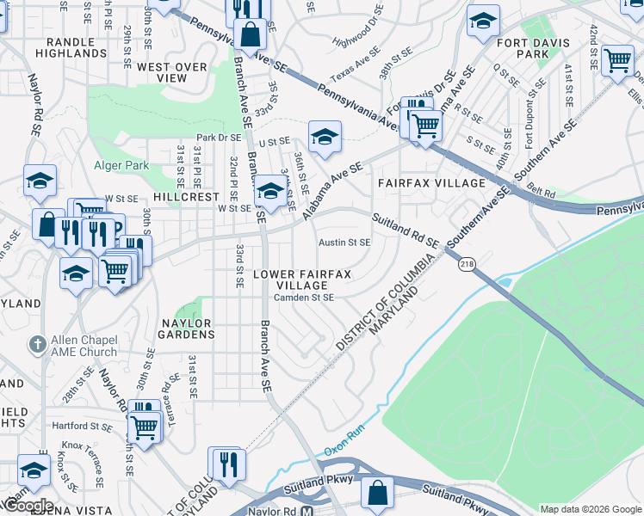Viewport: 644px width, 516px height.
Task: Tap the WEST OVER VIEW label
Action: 172,72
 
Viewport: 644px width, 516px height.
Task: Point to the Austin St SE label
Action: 344,243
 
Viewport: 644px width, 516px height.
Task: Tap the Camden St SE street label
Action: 303,298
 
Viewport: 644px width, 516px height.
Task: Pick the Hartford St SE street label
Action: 82,426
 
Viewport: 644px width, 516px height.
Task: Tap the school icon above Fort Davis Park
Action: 483,20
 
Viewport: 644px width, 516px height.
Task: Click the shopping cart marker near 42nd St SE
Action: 617,60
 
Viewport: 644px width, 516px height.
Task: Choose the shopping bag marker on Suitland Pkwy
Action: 376,492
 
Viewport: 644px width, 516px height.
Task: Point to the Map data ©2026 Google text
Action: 591,509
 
